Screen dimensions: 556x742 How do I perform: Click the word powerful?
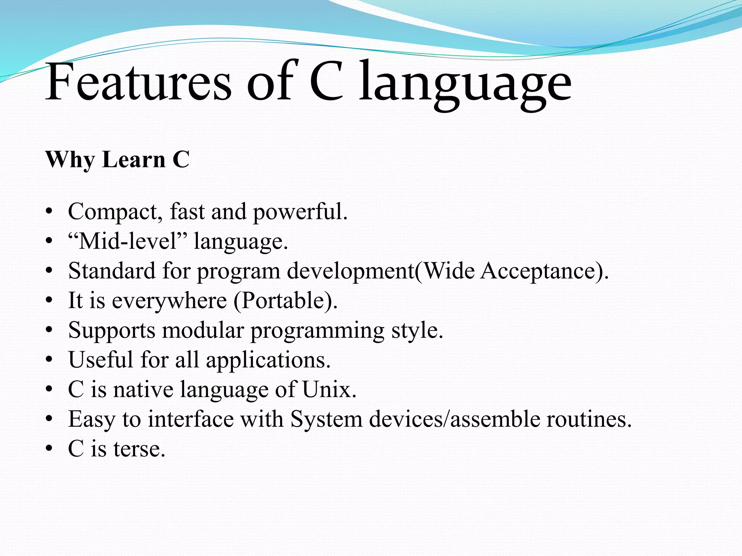(300, 212)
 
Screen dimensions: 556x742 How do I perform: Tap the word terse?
(139, 449)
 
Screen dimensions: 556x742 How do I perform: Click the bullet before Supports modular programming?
(50, 330)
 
